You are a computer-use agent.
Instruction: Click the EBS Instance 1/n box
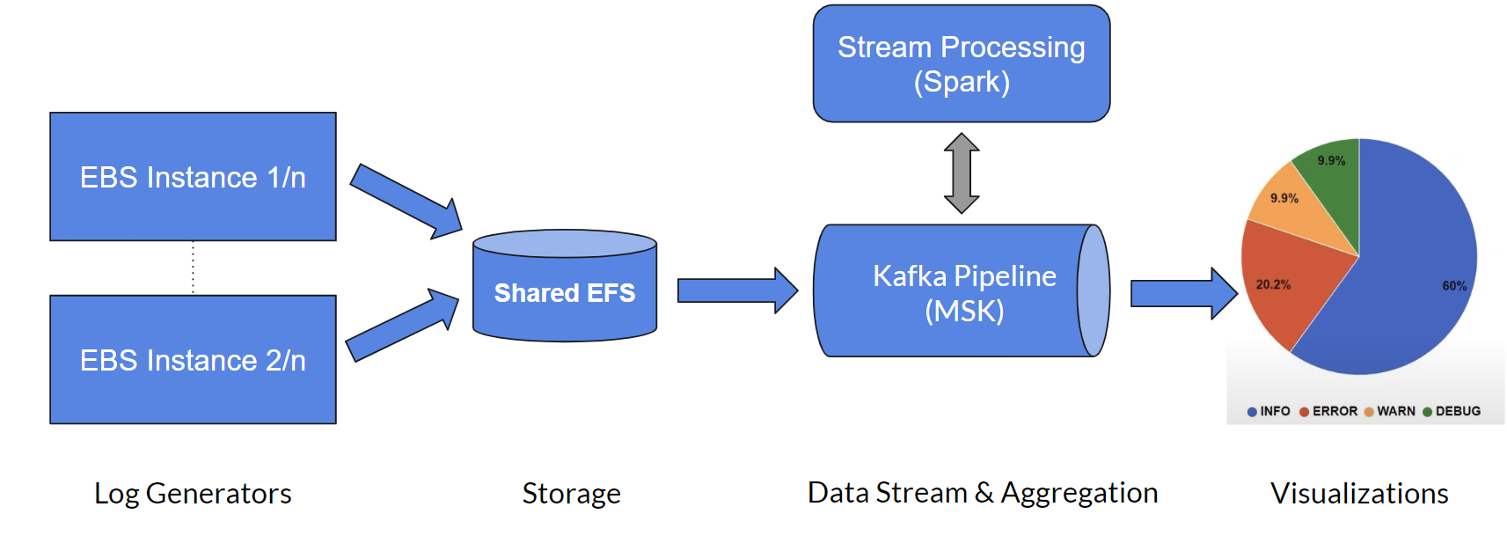click(193, 177)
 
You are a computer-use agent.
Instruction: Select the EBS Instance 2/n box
click(193, 360)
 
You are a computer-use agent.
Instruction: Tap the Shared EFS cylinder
click(564, 292)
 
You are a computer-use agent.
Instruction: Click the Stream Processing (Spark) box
click(961, 64)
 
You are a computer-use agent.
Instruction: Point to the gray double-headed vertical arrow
click(962, 173)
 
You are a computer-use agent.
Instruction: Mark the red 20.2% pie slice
click(1284, 282)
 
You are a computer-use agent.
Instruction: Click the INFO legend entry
click(1269, 411)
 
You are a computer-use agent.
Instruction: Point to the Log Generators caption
click(193, 494)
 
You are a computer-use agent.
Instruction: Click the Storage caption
click(571, 494)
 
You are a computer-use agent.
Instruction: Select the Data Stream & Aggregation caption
click(982, 493)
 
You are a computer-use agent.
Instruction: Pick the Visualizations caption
click(1359, 494)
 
